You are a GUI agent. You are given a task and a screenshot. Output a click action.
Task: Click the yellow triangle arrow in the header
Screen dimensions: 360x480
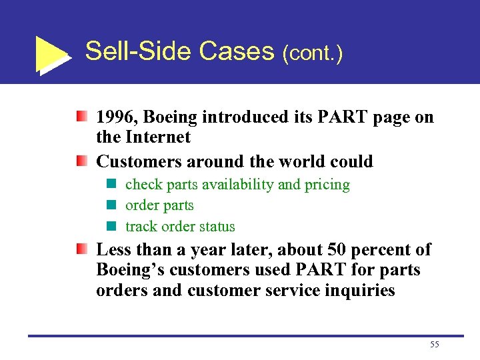click(x=52, y=53)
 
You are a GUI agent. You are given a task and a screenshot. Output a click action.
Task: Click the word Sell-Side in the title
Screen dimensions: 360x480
click(x=131, y=51)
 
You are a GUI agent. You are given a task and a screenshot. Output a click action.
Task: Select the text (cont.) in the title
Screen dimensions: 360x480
click(x=312, y=53)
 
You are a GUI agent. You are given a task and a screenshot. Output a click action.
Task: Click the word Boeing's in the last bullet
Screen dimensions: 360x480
click(x=127, y=271)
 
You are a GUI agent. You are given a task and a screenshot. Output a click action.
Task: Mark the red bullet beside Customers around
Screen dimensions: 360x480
click(x=81, y=161)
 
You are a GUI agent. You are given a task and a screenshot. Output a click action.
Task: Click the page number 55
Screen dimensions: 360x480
click(x=435, y=344)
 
